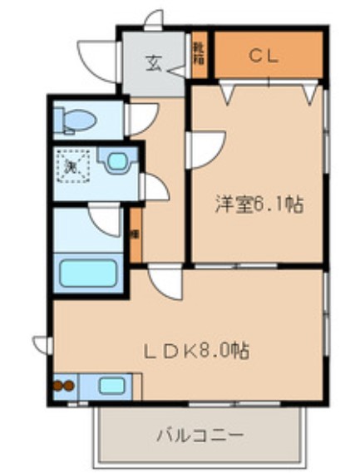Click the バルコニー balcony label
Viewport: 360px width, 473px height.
(x=200, y=434)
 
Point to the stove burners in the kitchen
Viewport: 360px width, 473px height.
(x=64, y=385)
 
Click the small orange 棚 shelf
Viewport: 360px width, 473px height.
(x=134, y=234)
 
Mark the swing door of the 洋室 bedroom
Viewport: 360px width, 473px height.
(x=204, y=148)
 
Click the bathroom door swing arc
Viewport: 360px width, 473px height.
(x=106, y=219)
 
